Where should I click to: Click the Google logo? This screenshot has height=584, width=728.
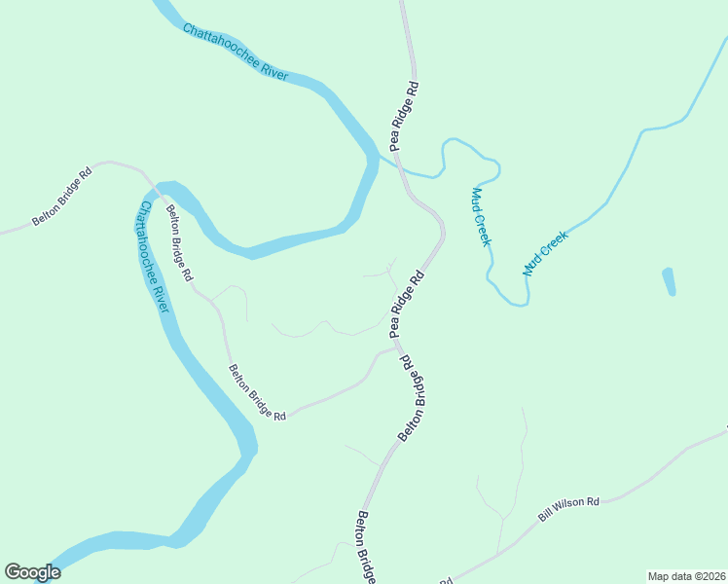32,572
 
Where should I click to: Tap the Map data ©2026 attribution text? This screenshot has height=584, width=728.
687,575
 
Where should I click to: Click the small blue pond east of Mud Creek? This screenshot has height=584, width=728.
669,281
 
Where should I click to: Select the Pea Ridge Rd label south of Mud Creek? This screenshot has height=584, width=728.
408,305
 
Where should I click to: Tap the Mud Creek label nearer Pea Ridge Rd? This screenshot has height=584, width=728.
481,216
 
